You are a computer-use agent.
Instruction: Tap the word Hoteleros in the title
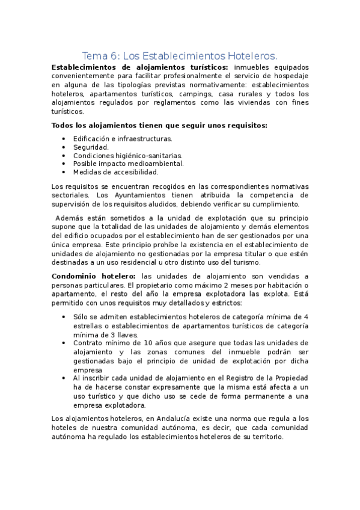[252, 55]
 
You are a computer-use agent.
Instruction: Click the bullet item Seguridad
[91, 147]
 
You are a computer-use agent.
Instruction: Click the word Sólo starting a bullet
[81, 316]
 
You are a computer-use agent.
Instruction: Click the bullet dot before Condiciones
[64, 155]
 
